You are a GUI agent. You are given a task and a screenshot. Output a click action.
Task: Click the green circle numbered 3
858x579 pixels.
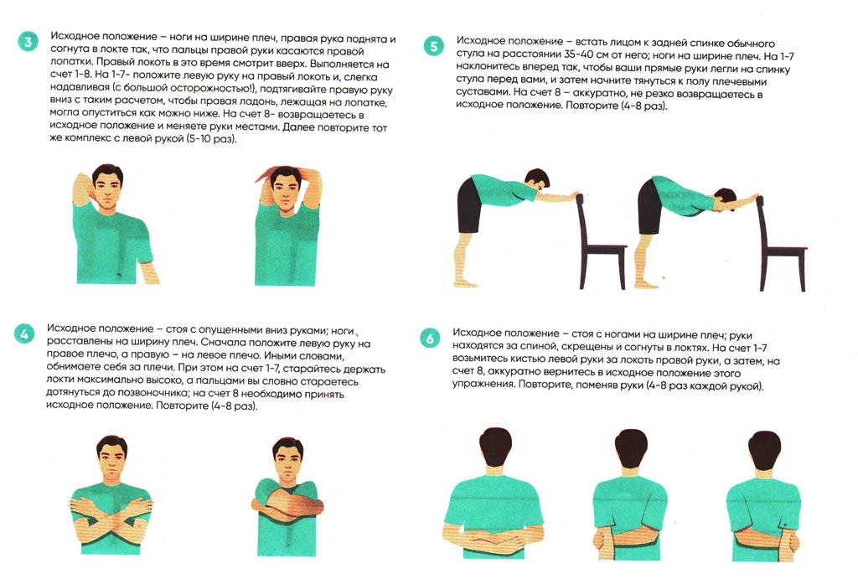[x=28, y=41]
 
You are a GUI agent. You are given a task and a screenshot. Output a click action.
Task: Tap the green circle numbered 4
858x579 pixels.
[x=24, y=333]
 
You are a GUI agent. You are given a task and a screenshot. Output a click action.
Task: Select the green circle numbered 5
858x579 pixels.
[x=434, y=47]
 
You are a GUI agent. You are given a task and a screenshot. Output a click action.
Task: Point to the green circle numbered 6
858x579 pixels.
[x=430, y=339]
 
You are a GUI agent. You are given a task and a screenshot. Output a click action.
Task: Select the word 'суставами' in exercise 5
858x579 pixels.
[x=482, y=92]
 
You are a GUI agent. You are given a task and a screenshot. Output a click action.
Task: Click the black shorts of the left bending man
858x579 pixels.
[x=469, y=206]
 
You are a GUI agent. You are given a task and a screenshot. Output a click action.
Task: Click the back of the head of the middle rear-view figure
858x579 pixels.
[x=632, y=445]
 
